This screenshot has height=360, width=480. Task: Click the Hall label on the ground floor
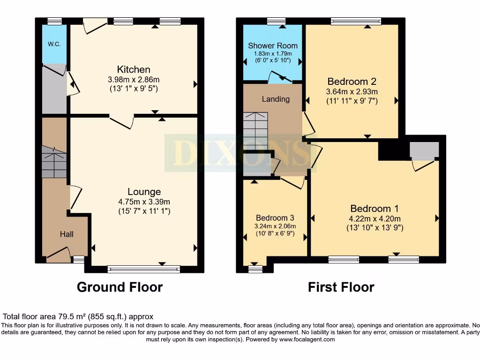(66, 234)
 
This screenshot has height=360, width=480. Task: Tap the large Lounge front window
(143, 269)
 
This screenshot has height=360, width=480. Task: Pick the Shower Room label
(273, 45)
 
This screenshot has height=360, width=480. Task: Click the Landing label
(275, 99)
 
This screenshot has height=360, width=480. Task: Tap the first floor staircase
(255, 131)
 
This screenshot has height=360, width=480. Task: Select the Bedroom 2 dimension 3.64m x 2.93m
(352, 91)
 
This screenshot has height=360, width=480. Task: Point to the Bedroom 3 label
(275, 218)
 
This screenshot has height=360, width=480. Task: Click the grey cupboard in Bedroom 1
(424, 150)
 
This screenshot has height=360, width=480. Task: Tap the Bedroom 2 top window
(355, 21)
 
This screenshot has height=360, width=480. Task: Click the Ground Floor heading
(120, 287)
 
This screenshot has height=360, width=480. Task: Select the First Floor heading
(341, 287)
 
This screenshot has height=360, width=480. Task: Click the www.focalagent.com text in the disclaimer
(307, 339)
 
